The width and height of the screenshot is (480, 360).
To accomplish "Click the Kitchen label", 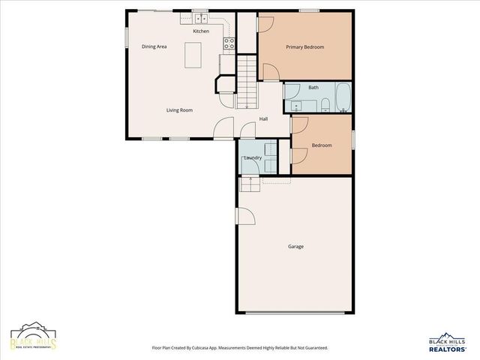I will [201, 31].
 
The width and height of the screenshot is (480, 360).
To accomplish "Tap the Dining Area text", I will [154, 46].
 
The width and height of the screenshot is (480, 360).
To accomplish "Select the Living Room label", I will [179, 110].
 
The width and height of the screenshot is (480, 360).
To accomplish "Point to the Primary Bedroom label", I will [305, 46].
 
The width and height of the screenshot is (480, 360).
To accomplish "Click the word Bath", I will [313, 88].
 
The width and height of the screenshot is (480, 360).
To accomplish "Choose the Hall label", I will [264, 118].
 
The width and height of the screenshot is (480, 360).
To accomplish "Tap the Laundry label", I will [253, 157].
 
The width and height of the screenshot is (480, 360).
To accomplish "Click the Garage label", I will [295, 246].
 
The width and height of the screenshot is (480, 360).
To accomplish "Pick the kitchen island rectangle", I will [193, 55].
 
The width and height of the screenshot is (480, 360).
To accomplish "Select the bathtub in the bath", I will [342, 97].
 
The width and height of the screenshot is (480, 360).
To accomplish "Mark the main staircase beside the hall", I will [247, 82].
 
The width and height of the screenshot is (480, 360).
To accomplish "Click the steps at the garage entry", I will [250, 184].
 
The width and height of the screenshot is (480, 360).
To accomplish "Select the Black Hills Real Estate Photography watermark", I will [33, 339].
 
